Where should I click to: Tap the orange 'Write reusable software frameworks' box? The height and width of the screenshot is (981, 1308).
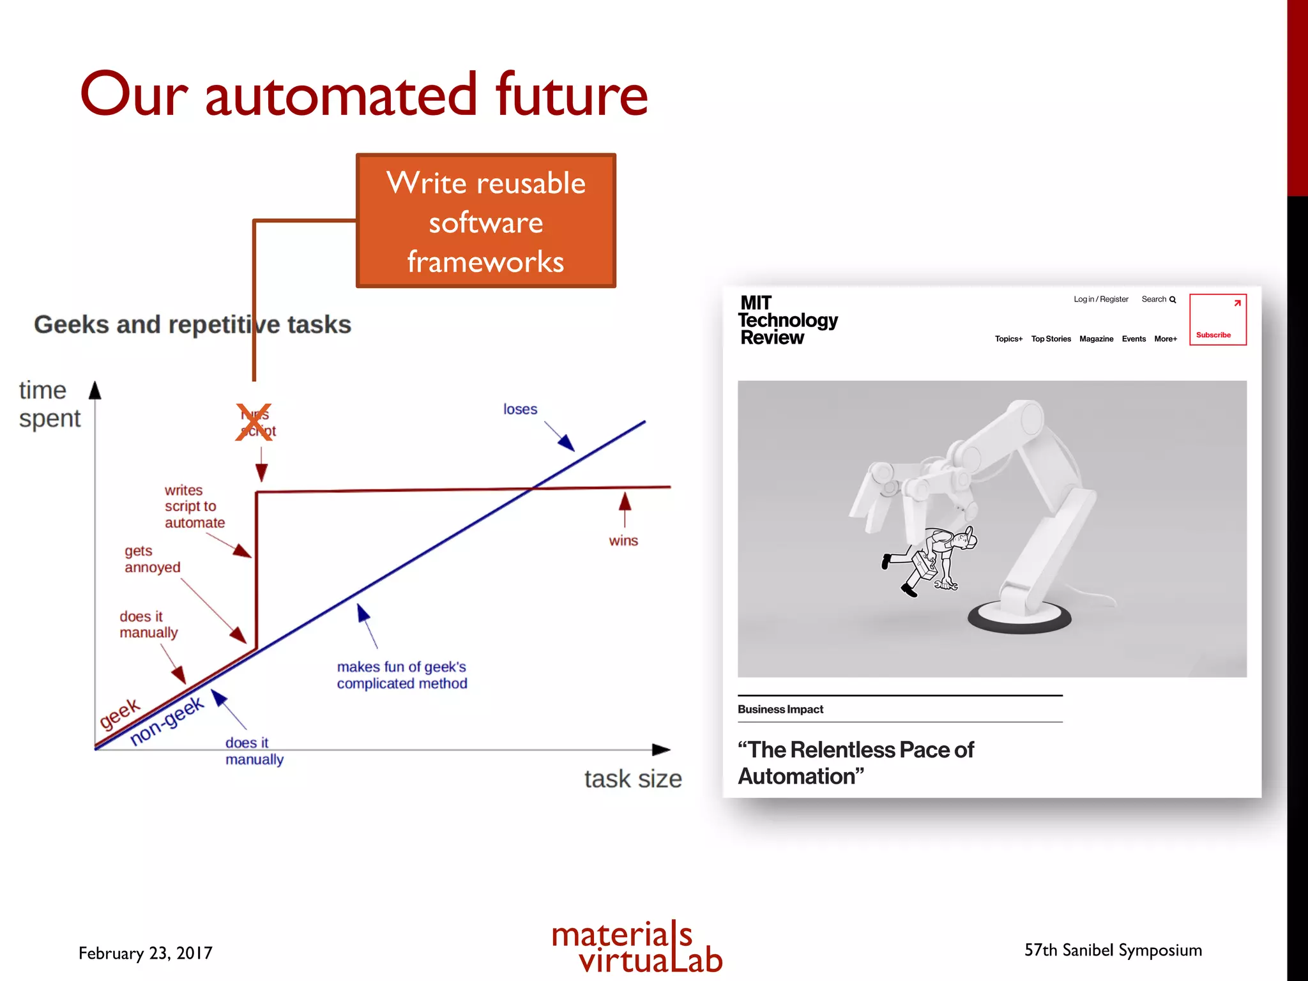[485, 221]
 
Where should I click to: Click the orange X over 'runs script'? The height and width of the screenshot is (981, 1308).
[254, 422]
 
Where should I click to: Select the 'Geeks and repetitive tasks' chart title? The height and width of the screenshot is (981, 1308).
[192, 324]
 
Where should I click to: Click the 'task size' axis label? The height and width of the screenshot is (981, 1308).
[632, 779]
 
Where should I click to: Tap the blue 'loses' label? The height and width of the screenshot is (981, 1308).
[520, 409]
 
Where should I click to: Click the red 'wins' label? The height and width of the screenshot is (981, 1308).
[623, 541]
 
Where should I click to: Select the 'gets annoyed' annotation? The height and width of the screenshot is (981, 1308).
[152, 559]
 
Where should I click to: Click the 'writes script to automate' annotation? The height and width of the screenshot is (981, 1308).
[194, 506]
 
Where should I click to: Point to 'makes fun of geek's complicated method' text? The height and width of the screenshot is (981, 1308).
[402, 675]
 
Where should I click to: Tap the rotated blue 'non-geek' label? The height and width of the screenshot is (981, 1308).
[167, 720]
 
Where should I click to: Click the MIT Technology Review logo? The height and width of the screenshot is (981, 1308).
[787, 320]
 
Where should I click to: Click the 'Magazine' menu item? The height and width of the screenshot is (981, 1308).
[1096, 339]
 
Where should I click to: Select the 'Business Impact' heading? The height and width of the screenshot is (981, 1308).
[780, 710]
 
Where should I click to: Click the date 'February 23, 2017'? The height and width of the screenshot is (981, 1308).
[146, 953]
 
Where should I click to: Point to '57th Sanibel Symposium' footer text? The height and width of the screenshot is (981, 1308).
[1113, 950]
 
